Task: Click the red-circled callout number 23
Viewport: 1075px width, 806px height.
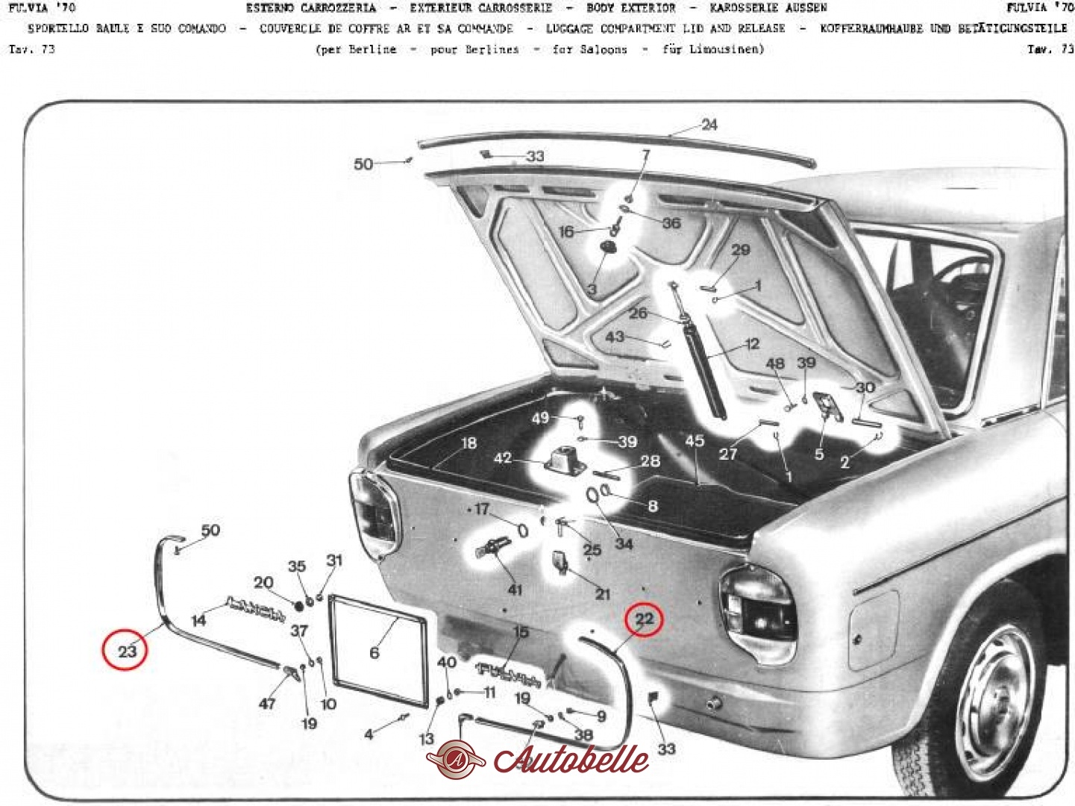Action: coord(127,651)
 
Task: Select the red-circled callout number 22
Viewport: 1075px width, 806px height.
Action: coord(644,619)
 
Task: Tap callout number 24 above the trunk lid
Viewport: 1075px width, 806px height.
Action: coord(709,125)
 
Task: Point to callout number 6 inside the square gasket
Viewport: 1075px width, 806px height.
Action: coord(374,653)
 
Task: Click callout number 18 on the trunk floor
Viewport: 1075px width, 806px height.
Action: coord(468,443)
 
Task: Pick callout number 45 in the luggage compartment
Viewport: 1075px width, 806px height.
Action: coord(695,441)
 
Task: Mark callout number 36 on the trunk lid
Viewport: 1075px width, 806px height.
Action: coord(671,222)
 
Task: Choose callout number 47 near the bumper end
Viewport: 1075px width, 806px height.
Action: coord(267,703)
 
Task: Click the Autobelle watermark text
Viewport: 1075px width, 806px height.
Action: coord(571,760)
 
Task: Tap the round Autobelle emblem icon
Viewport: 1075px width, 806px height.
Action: coord(456,759)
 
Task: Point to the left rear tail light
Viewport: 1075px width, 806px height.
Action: coord(375,515)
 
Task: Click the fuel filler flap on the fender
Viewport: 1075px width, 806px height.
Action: coord(874,629)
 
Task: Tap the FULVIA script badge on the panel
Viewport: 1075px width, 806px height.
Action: coord(507,673)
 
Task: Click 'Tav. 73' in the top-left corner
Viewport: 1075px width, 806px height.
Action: coord(31,49)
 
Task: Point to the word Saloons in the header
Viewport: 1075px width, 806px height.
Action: coord(604,49)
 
